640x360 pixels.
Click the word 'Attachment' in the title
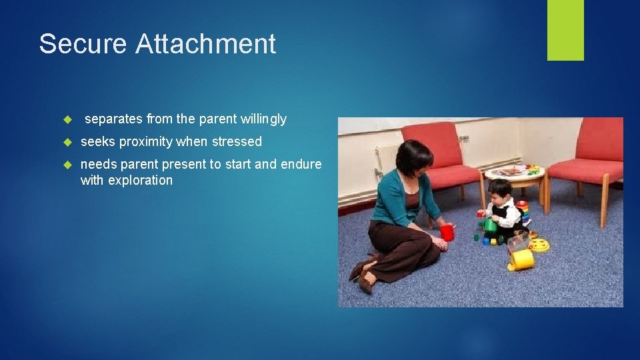(x=205, y=44)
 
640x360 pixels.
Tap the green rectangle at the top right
(x=565, y=29)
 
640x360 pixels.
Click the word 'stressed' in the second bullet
(x=237, y=142)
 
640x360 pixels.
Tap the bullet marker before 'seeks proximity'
(x=67, y=142)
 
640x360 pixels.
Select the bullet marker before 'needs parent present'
(x=67, y=165)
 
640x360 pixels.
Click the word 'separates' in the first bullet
(x=113, y=119)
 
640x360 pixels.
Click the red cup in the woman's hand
(x=447, y=233)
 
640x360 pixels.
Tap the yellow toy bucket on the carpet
(x=522, y=259)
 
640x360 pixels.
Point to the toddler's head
(x=501, y=189)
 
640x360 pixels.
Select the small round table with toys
(x=514, y=175)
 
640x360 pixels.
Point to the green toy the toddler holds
(x=491, y=225)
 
